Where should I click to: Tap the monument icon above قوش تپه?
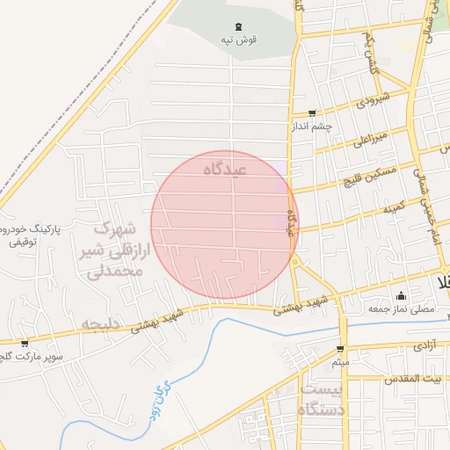[x=239, y=26]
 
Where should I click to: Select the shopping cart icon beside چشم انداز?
[x=312, y=113]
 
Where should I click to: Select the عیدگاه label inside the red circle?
[x=225, y=167]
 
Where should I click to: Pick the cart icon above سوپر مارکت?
[x=24, y=343]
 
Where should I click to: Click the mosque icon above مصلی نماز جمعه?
[x=402, y=295]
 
